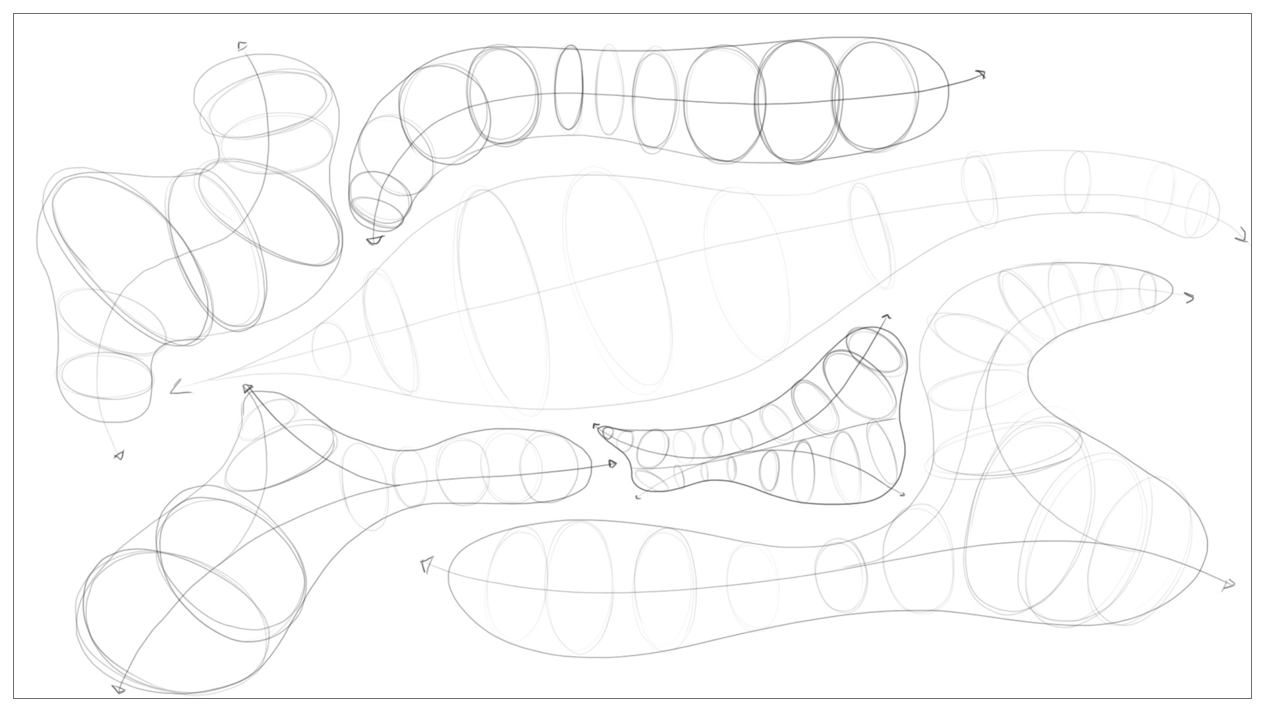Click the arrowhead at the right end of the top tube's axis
(981, 74)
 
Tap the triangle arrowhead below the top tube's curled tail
(374, 241)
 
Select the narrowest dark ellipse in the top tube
(569, 87)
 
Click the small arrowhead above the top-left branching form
(242, 46)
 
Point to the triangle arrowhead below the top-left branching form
(119, 455)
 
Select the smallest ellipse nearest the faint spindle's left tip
(331, 351)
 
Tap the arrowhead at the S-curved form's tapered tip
(1189, 299)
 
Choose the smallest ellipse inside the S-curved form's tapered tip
(1148, 291)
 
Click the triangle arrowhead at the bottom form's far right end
(1228, 584)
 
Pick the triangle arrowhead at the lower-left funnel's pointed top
(248, 389)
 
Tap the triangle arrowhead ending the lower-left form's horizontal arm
(613, 464)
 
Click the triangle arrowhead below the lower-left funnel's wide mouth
(119, 689)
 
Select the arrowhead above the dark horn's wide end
(887, 318)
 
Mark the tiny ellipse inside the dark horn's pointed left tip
(607, 432)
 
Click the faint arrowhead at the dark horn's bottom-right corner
(901, 494)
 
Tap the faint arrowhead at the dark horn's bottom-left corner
(638, 496)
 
